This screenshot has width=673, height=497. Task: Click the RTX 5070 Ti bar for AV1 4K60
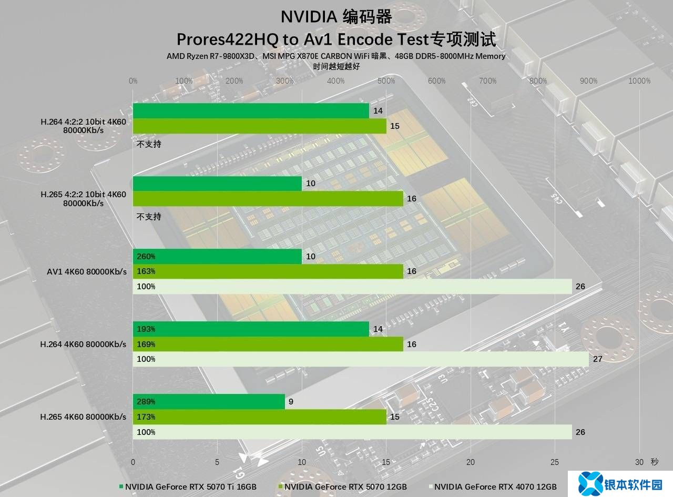[x=217, y=256]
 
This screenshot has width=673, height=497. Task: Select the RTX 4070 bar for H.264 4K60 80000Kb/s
[x=361, y=359]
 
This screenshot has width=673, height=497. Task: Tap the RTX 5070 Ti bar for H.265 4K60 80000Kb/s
[x=209, y=402]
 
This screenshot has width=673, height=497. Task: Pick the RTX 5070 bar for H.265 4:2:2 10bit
[x=268, y=198]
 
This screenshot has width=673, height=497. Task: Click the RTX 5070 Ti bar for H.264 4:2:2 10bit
[x=251, y=111]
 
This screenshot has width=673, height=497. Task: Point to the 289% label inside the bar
[x=146, y=402]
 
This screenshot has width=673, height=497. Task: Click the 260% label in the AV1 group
[x=146, y=257]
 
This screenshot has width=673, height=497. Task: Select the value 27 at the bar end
[x=597, y=359]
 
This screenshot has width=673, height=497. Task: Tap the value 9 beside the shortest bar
[x=291, y=402]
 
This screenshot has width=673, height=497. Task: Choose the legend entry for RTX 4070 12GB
[x=495, y=487]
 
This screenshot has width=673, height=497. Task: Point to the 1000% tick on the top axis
[x=639, y=81]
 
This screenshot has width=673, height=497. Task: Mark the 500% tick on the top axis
[x=386, y=81]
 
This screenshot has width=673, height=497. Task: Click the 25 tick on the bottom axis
[x=555, y=462]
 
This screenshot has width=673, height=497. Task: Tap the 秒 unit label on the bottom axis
[x=654, y=462]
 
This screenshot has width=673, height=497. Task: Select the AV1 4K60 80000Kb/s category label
[x=87, y=271]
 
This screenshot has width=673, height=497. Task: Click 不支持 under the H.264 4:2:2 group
[x=149, y=144]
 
